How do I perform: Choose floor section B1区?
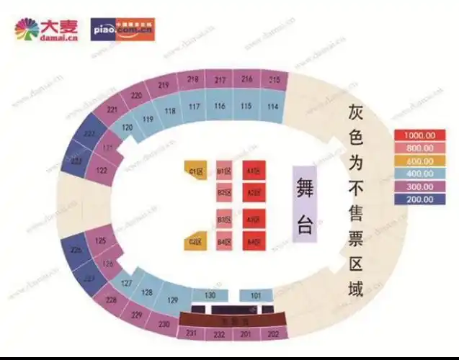(x=223, y=171)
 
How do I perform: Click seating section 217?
(x=220, y=79)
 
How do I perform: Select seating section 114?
(x=272, y=107)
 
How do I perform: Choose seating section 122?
(x=102, y=171)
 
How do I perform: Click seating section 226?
(x=77, y=250)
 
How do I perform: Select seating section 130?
(x=210, y=295)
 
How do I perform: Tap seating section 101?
(x=256, y=295)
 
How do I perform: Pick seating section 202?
(x=272, y=333)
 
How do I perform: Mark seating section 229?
(x=137, y=315)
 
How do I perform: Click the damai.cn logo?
(x=48, y=30)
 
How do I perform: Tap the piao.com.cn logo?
(x=122, y=30)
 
